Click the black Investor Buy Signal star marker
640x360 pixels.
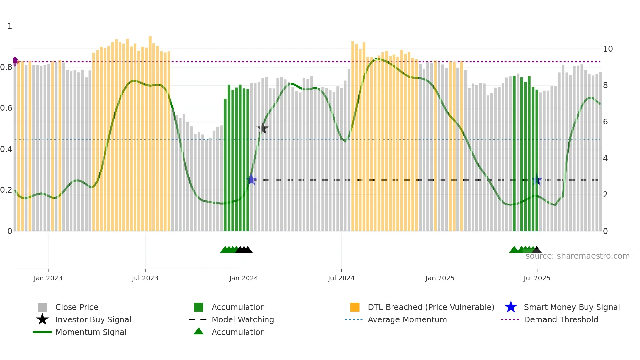click(263, 129)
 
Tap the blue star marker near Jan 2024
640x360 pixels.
click(251, 180)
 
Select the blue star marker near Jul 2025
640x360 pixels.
click(536, 180)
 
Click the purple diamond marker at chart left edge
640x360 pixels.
click(15, 61)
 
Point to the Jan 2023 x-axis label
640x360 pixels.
click(48, 278)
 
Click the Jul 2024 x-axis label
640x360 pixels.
click(341, 278)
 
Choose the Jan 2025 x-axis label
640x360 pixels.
click(440, 278)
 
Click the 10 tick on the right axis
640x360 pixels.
click(608, 49)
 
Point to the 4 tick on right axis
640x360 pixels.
click(605, 158)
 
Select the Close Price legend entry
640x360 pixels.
click(77, 307)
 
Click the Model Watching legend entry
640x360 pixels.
click(243, 319)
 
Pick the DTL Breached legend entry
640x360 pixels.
click(431, 307)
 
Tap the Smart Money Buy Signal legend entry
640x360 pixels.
click(571, 307)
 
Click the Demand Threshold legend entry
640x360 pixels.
click(561, 319)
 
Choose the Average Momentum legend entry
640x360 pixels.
click(407, 319)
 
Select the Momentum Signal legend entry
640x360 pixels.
click(91, 332)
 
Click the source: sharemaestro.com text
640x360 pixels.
click(577, 256)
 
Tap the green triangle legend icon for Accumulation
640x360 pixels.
click(199, 331)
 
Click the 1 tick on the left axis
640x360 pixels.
click(10, 26)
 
